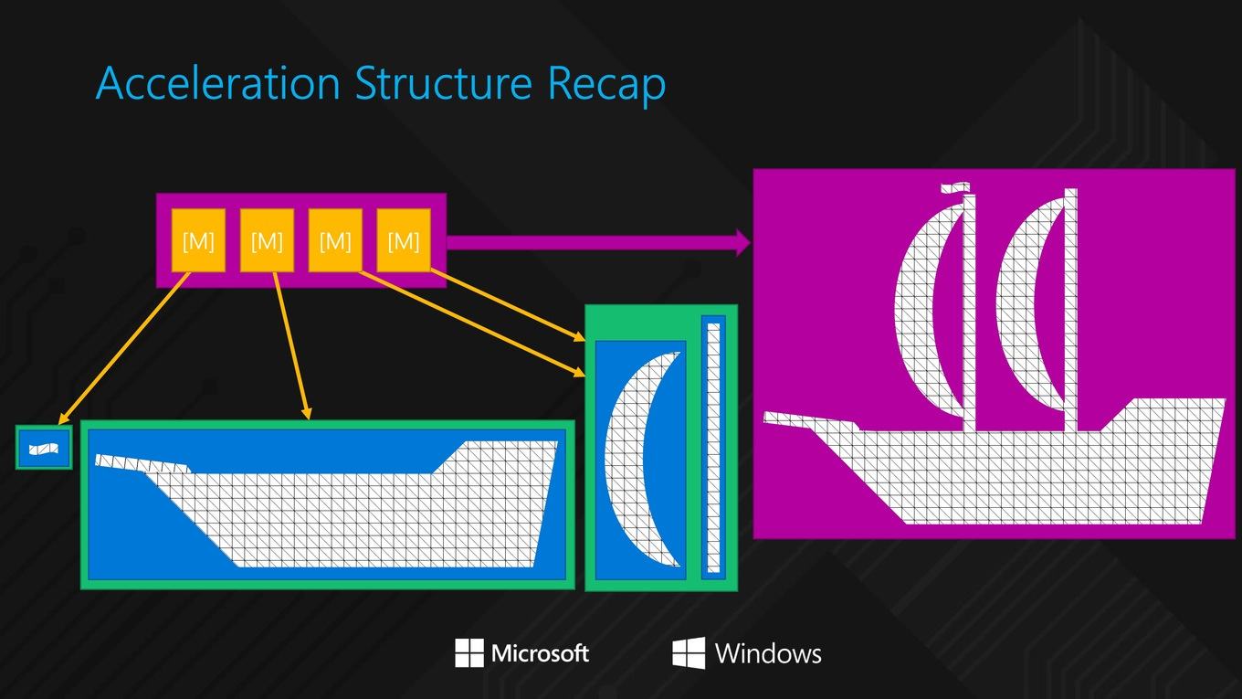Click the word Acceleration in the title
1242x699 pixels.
(x=218, y=83)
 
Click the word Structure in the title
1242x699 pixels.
(x=443, y=83)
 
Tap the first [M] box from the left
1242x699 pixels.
(x=198, y=240)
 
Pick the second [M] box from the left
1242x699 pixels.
(x=267, y=240)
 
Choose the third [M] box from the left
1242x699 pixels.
(x=335, y=240)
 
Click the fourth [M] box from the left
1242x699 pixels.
(x=404, y=240)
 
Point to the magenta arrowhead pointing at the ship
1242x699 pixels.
(x=743, y=242)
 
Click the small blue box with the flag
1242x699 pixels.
(x=44, y=448)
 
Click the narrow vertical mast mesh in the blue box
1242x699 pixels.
(x=713, y=448)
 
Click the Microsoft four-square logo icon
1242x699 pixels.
(x=469, y=652)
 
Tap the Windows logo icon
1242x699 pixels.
(x=689, y=653)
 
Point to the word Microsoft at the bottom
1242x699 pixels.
(x=540, y=653)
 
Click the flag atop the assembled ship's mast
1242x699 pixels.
(x=955, y=187)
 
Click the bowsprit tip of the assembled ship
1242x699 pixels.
(x=765, y=418)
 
